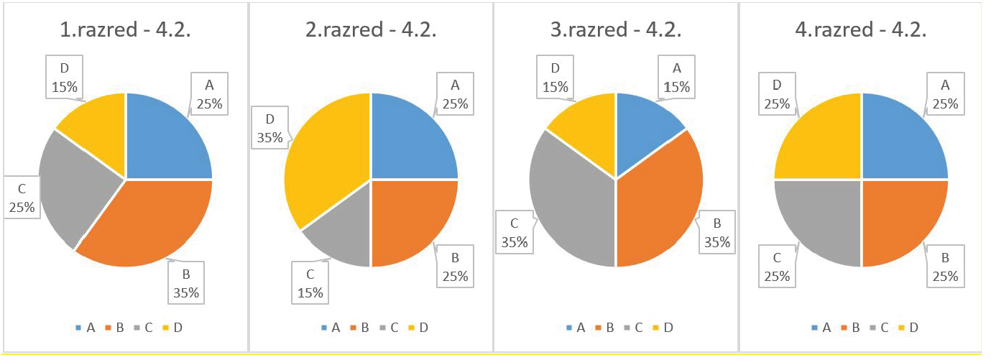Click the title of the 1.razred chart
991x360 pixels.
tap(125, 31)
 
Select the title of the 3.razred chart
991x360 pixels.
tap(615, 31)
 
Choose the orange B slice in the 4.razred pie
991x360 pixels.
tap(902, 219)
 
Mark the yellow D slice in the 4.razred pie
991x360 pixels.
tap(819, 140)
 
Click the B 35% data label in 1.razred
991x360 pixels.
tap(185, 283)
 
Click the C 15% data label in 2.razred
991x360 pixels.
tap(310, 283)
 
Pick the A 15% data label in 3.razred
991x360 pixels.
tap(676, 77)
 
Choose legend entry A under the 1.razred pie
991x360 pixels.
tap(86, 328)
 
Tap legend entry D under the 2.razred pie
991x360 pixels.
tap(419, 328)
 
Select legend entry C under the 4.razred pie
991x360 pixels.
tap(880, 328)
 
